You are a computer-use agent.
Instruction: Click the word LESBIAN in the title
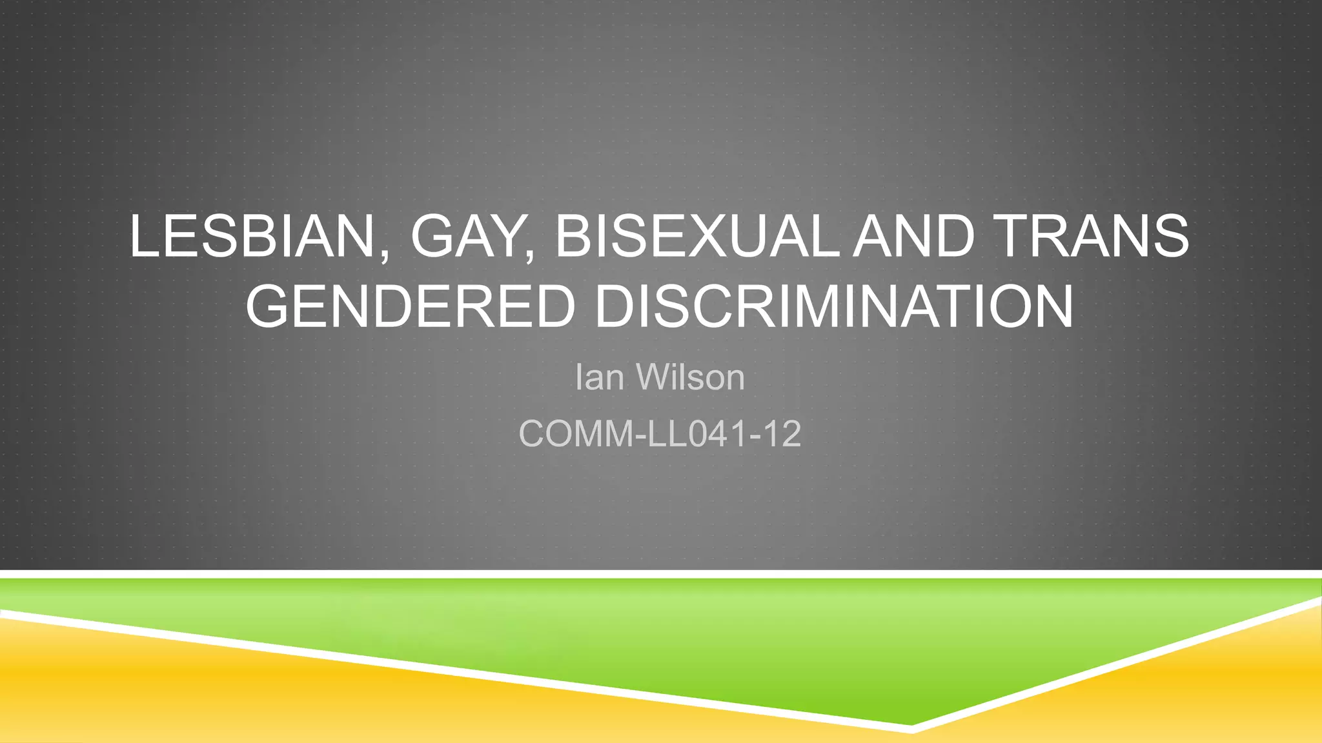pos(250,236)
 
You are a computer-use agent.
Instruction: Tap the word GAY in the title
pos(469,236)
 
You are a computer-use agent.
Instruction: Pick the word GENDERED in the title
pos(410,306)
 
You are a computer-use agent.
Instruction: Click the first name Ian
pos(599,377)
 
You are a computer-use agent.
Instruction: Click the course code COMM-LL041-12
pos(660,433)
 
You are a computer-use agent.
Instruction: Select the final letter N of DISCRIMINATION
pos(1051,306)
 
